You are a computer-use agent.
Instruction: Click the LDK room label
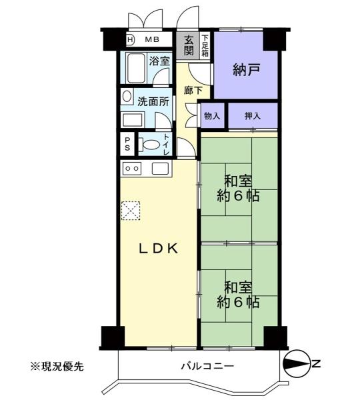[158, 248]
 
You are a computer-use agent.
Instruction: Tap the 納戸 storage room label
[247, 69]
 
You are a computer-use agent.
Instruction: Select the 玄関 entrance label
[189, 45]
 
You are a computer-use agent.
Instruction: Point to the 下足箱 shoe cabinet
[205, 45]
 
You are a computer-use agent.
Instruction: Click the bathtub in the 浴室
[136, 68]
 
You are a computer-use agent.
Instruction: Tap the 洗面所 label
[153, 101]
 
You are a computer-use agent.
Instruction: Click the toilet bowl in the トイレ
[151, 145]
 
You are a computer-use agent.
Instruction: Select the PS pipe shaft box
[127, 144]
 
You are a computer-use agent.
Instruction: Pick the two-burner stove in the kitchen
[132, 169]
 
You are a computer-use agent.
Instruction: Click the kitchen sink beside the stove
[160, 169]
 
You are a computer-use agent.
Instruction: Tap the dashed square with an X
[131, 211]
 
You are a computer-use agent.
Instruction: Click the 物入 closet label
[212, 116]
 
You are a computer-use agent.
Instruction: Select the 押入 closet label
[253, 116]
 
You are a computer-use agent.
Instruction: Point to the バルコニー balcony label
[207, 366]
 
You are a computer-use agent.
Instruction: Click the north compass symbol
[297, 363]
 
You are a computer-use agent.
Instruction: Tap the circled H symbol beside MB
[131, 39]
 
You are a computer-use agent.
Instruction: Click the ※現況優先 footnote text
[57, 367]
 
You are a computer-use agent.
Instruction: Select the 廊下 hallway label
[193, 90]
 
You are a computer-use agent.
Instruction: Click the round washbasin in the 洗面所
[127, 96]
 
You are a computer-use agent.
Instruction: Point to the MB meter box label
[152, 39]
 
